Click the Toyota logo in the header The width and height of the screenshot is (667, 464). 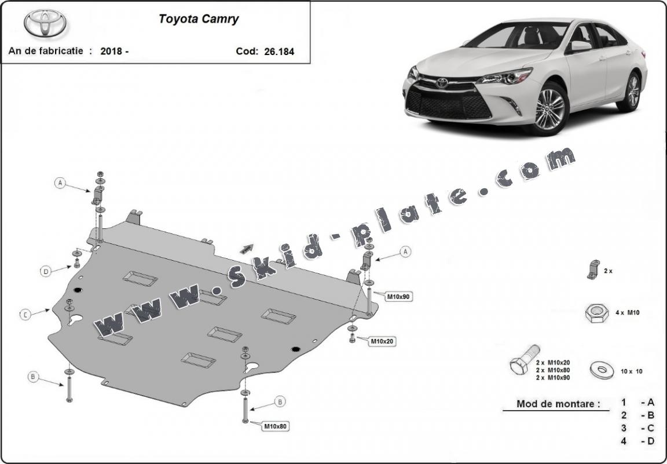coord(45,24)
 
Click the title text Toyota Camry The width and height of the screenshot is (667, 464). coord(199,19)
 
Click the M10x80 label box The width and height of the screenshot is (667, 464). coord(276,426)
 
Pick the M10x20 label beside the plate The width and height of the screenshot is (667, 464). coord(382,341)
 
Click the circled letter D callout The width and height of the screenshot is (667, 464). coord(45,271)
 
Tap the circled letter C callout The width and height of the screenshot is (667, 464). coord(25,315)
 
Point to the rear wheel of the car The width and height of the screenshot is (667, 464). coord(631,92)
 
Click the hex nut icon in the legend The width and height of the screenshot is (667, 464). coord(596,313)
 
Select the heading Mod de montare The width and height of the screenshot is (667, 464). coord(558,404)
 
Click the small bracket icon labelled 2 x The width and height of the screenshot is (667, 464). coord(592,270)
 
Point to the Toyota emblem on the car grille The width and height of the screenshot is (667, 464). coord(442,83)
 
